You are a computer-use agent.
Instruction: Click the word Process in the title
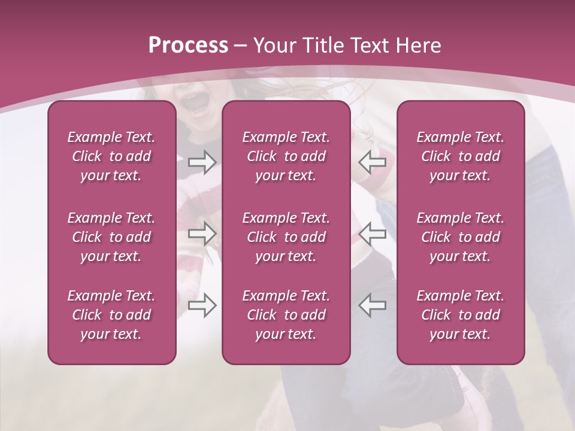point(188,45)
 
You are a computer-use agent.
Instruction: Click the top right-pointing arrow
point(202,162)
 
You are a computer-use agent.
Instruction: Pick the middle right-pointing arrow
point(202,233)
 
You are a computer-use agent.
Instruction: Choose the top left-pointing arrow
point(372,162)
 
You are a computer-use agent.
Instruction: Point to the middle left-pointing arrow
point(372,233)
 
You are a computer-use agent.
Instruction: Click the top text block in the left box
point(111,156)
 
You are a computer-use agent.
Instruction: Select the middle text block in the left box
point(111,237)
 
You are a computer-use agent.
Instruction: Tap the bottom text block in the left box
point(111,315)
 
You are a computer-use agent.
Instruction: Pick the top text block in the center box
point(286,156)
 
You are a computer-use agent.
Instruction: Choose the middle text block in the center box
point(286,237)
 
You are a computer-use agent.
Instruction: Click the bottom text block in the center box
point(286,315)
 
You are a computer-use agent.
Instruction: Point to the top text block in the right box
point(460,156)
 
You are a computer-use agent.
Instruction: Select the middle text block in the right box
point(460,237)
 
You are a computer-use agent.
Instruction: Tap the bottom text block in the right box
point(460,315)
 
